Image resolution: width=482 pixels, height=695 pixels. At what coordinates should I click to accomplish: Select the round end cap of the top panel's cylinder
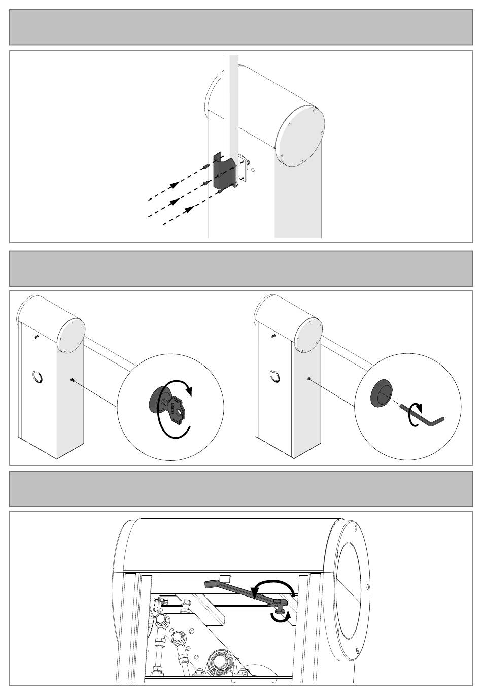pyautogui.click(x=299, y=136)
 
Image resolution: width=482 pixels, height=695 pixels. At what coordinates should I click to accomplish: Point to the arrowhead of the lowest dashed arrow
pyautogui.click(x=189, y=209)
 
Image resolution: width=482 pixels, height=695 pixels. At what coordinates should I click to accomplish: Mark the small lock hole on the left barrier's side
pyautogui.click(x=72, y=380)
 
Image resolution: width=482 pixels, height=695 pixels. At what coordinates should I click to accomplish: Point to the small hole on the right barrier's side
pyautogui.click(x=309, y=378)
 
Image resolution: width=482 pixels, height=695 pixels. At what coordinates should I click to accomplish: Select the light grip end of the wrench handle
pyautogui.click(x=212, y=584)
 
